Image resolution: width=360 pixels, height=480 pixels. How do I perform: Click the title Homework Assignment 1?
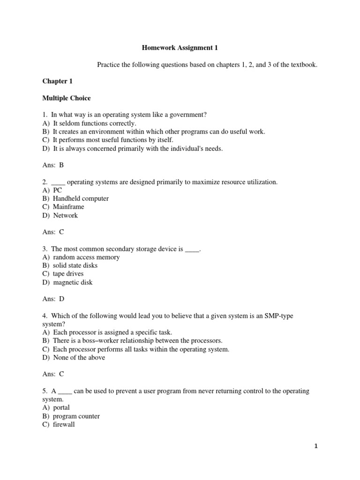click(x=180, y=47)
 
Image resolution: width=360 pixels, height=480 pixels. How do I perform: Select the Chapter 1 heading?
click(x=57, y=81)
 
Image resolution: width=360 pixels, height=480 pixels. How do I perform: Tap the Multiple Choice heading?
click(x=66, y=98)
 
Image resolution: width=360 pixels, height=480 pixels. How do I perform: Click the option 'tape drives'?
click(x=68, y=274)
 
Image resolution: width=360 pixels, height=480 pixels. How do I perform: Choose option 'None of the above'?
click(x=79, y=357)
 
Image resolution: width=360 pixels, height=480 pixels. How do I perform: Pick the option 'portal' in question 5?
click(x=61, y=407)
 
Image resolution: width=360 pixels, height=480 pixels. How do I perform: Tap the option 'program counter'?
click(x=76, y=416)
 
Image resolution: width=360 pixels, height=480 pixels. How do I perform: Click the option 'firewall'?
click(x=64, y=424)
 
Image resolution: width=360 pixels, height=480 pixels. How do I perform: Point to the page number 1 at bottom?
click(x=316, y=446)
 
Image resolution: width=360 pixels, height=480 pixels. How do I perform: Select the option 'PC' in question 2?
click(x=57, y=190)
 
